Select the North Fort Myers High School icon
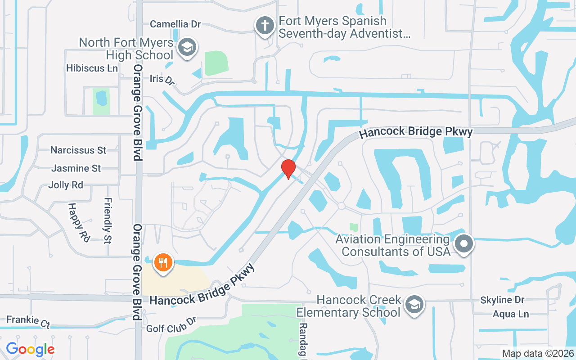(x=187, y=47)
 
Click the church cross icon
(x=265, y=25)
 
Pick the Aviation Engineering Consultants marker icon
(x=463, y=244)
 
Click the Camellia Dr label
(x=175, y=24)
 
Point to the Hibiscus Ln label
(x=92, y=68)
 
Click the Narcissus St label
(x=78, y=150)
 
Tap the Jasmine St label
(x=76, y=168)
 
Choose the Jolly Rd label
(x=66, y=185)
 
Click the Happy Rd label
(x=79, y=221)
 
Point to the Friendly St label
(x=108, y=220)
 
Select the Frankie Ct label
(x=28, y=321)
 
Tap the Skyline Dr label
(x=502, y=300)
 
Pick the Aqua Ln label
(x=511, y=314)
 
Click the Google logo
(x=30, y=349)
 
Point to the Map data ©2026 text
(x=538, y=353)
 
